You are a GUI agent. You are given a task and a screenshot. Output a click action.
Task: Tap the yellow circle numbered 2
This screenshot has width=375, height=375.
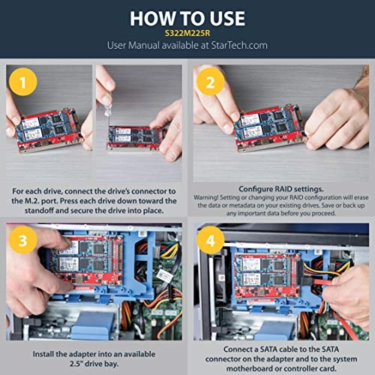pyautogui.click(x=211, y=83)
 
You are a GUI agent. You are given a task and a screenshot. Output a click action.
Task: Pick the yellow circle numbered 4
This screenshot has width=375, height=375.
pyautogui.click(x=211, y=241)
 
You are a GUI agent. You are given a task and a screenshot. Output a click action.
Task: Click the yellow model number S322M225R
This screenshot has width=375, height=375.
pyautogui.click(x=187, y=33)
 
